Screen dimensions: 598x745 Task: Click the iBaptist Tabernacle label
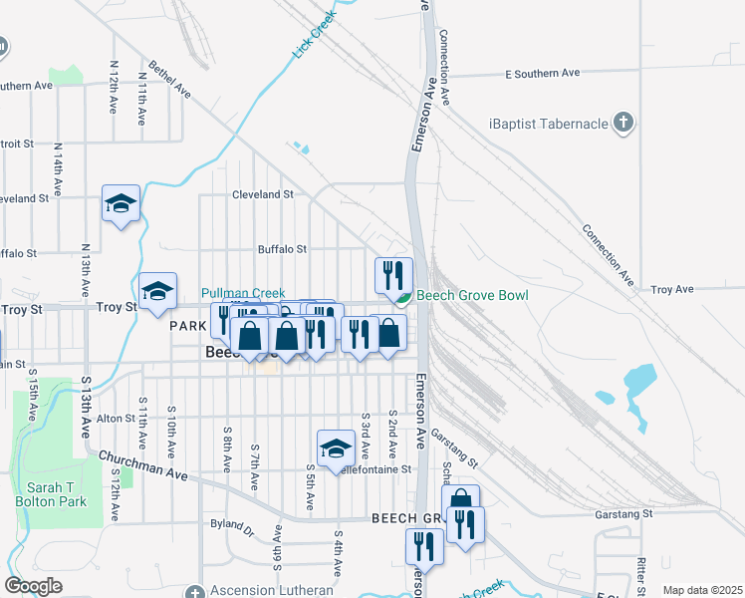(547, 124)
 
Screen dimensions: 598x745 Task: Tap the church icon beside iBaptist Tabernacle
(623, 124)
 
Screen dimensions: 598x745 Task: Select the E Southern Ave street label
(542, 73)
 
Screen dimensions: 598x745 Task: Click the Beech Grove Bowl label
(471, 296)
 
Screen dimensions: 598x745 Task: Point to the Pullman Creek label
(243, 293)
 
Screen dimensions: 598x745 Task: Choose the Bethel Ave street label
(169, 80)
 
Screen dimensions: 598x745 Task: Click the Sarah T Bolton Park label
(57, 494)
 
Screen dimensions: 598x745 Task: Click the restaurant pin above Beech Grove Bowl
(393, 274)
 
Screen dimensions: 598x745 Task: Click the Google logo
(34, 586)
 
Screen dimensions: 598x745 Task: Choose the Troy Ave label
(671, 289)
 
